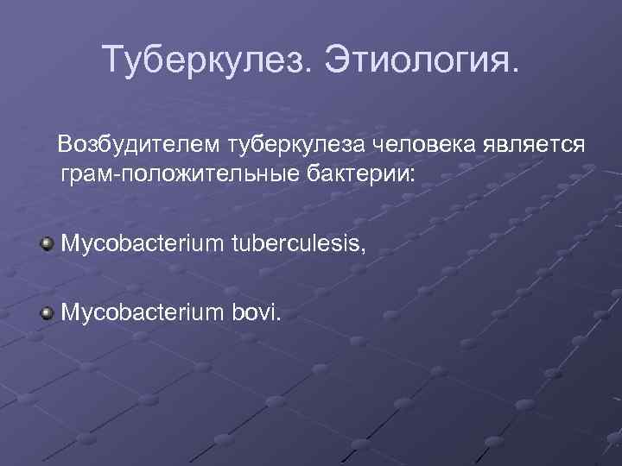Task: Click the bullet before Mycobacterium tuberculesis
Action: [47, 244]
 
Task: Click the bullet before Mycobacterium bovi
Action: [47, 311]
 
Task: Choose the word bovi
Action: [255, 311]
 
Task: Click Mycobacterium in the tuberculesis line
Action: [142, 244]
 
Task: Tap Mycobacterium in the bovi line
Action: [142, 311]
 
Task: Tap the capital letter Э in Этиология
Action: [339, 60]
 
